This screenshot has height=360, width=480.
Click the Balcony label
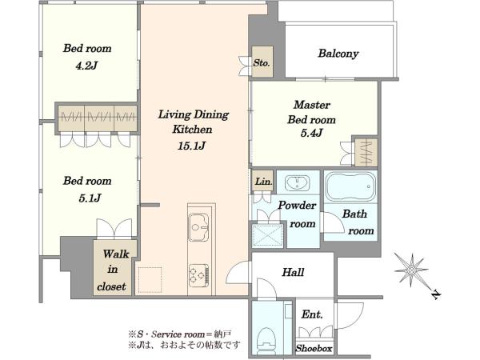[x=338, y=54]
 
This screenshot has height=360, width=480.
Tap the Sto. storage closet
[x=262, y=62]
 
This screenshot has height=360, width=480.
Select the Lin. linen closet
[x=263, y=182]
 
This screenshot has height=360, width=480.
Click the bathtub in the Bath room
[x=350, y=186]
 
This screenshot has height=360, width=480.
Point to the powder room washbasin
[x=297, y=183]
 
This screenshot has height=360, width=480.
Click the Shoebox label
[x=314, y=348]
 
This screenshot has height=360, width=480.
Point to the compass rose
[x=411, y=270]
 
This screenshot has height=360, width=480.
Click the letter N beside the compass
[x=436, y=294]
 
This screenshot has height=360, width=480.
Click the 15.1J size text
[x=192, y=146]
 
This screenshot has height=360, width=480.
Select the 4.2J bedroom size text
[x=86, y=66]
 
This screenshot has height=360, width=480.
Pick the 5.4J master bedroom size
[x=311, y=133]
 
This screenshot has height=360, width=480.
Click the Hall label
[x=293, y=272]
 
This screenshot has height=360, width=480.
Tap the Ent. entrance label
[x=312, y=314]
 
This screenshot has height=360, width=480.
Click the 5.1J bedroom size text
[x=90, y=198]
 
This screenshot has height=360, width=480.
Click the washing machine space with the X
[x=268, y=236]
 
